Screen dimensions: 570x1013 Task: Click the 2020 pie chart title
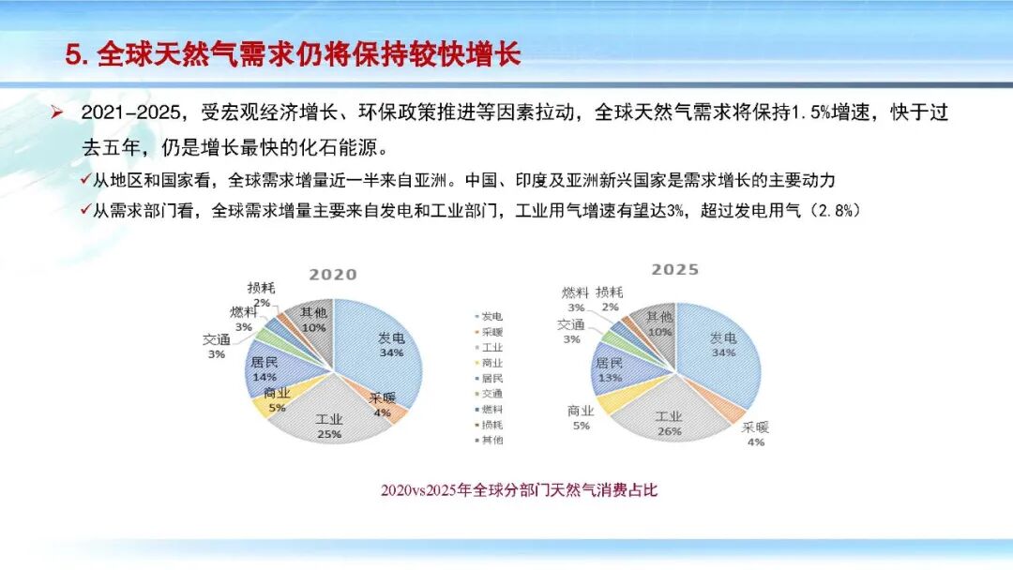(x=333, y=275)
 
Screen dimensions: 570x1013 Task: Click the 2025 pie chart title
(x=675, y=270)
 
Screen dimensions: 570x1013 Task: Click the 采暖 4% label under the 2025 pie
(x=755, y=434)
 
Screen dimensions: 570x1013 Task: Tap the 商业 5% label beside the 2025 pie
(x=581, y=418)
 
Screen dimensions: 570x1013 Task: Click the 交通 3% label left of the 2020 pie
(x=217, y=346)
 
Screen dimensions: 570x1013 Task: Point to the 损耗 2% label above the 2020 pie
(x=262, y=294)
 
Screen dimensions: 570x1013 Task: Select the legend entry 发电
(x=491, y=316)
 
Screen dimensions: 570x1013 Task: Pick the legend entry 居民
(x=491, y=379)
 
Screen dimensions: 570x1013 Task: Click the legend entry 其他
(x=491, y=440)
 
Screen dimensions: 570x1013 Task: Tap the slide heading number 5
(x=76, y=54)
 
